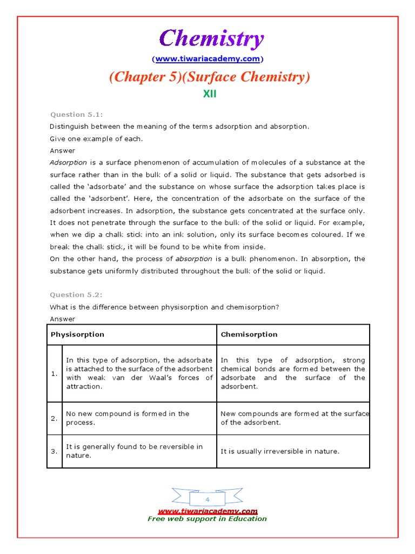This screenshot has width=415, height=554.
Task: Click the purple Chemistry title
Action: click(x=211, y=39)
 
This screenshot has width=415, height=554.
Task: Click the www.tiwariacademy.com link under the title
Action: click(x=207, y=58)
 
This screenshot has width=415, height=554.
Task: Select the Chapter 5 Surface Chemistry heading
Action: click(x=210, y=77)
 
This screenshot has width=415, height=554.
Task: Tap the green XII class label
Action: click(x=209, y=94)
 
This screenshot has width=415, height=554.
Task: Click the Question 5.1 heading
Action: click(x=76, y=114)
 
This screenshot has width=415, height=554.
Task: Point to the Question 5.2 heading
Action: click(x=76, y=295)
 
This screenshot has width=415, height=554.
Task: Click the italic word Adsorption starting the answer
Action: click(x=68, y=162)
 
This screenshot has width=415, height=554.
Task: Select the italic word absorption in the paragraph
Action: click(x=191, y=259)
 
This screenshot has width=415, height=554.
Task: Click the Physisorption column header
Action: click(x=77, y=334)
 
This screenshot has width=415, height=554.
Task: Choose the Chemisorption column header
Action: click(x=249, y=334)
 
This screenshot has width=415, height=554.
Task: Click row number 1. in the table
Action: click(x=54, y=374)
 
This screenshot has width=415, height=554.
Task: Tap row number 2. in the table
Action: click(x=54, y=418)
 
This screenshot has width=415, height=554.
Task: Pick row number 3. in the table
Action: click(x=54, y=451)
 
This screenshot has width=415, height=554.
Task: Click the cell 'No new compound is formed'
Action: click(x=128, y=418)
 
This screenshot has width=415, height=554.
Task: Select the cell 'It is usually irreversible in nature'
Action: click(x=280, y=451)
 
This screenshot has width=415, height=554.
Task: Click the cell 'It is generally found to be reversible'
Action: click(x=134, y=451)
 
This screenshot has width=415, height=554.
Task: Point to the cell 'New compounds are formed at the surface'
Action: click(x=294, y=418)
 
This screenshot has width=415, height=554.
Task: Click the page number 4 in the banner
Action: click(x=207, y=500)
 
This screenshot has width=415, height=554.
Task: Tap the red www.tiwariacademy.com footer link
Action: click(x=207, y=511)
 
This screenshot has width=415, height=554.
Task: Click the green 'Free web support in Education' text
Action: click(x=207, y=519)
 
